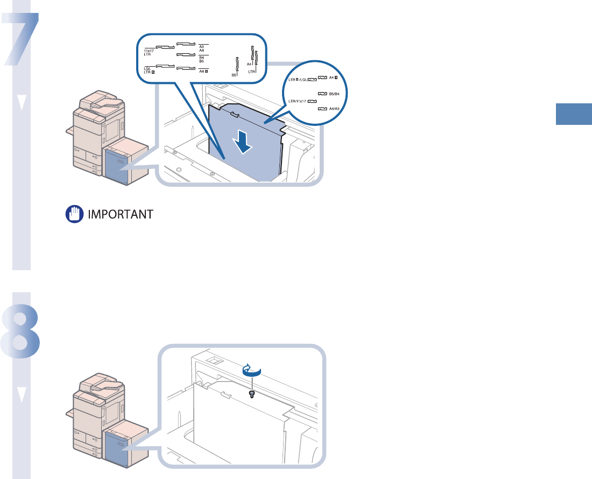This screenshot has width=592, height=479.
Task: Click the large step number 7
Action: [x=22, y=40]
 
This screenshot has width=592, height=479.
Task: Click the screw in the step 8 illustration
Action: [x=251, y=394]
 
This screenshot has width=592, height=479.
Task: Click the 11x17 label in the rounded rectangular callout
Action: [x=149, y=51]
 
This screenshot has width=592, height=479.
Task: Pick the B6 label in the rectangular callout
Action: [x=234, y=75]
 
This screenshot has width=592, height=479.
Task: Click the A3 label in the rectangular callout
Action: [x=201, y=47]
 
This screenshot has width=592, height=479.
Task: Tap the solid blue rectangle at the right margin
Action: [x=574, y=115]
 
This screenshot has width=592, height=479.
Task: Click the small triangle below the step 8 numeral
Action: [x=22, y=396]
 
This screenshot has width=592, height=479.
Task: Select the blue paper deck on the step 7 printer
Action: [x=117, y=165]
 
